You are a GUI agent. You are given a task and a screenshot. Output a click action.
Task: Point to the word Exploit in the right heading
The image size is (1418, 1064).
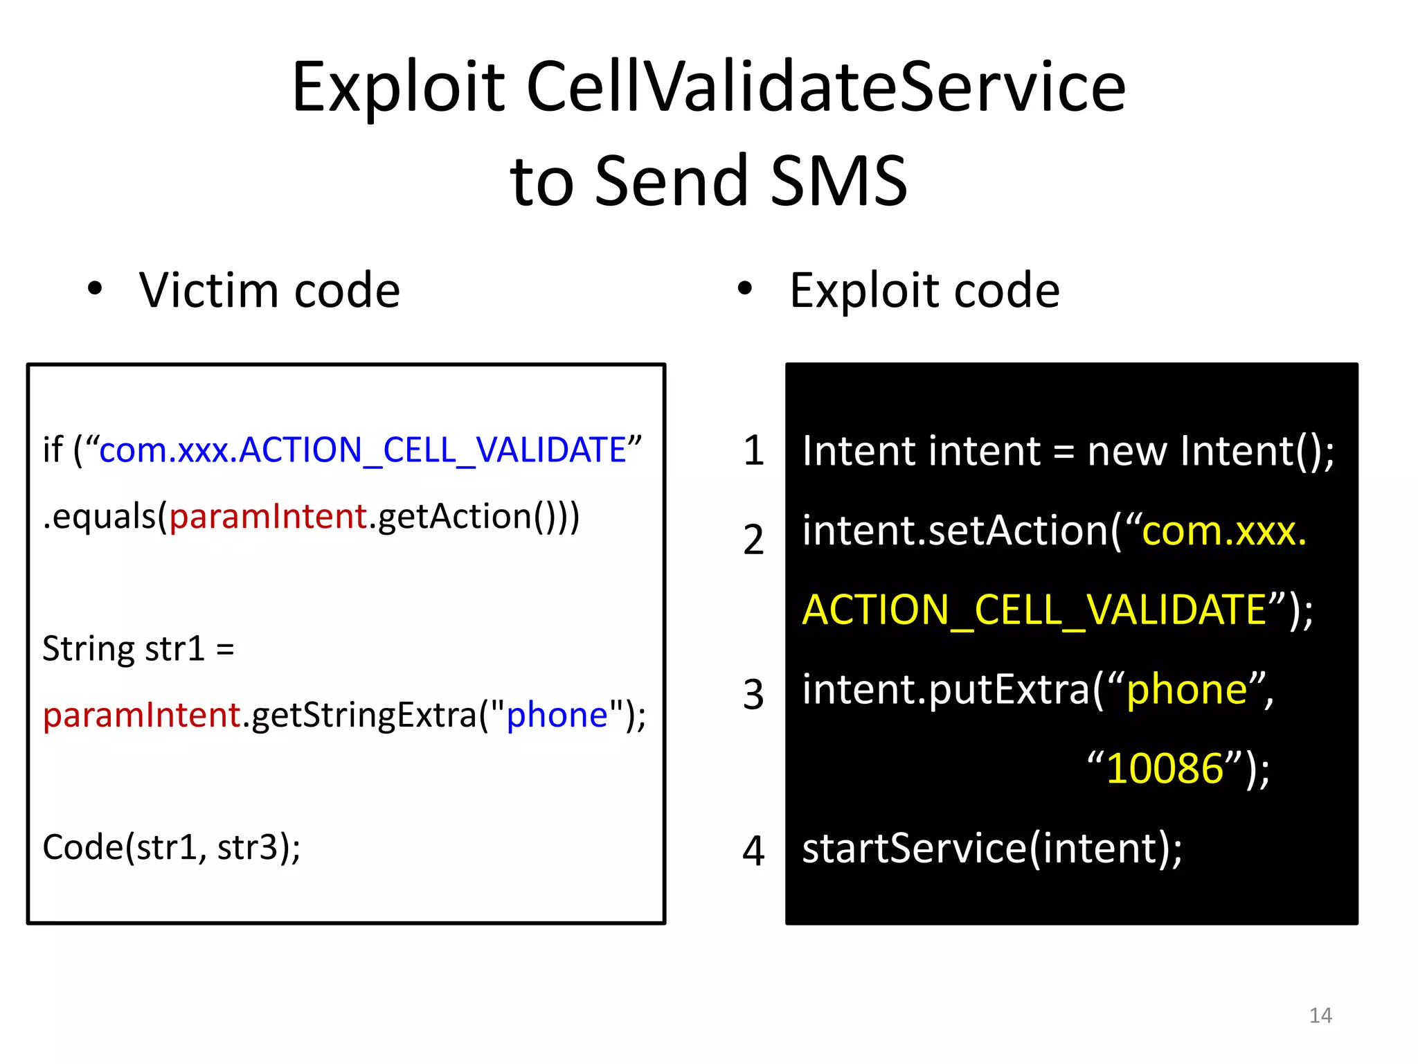[865, 292]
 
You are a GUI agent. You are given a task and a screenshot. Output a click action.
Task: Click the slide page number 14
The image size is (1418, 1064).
[1320, 1016]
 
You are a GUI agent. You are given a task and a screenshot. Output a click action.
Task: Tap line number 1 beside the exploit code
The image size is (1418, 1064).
[753, 451]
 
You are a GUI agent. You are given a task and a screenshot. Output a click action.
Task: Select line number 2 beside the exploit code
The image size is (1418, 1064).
[753, 540]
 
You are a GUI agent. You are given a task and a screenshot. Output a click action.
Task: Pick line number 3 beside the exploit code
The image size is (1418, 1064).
[753, 695]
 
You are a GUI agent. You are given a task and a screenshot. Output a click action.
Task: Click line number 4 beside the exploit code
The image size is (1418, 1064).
[753, 851]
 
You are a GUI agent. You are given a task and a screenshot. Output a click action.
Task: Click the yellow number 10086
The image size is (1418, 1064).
[1165, 769]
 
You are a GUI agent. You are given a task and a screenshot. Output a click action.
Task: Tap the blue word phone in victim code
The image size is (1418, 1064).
[557, 715]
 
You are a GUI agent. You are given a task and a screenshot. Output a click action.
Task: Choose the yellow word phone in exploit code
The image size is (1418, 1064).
[1187, 690]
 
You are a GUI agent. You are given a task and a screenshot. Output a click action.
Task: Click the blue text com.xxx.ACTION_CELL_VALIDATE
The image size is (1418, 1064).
[363, 450]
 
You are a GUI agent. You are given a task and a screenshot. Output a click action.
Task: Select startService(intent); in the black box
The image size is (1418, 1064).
[991, 849]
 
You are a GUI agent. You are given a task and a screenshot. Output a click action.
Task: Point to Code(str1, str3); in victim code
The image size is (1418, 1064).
[171, 847]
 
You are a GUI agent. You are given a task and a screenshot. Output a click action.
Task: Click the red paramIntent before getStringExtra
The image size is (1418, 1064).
[141, 715]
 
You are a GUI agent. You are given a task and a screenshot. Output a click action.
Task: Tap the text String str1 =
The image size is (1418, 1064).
[138, 649]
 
